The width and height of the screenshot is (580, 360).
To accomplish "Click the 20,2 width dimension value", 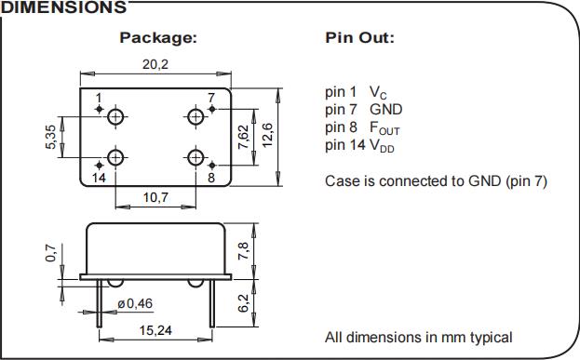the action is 155,64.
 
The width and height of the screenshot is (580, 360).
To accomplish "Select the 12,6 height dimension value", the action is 267,135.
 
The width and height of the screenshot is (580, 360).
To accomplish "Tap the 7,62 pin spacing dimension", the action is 243,137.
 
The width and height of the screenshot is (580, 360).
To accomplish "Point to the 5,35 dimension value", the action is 51,137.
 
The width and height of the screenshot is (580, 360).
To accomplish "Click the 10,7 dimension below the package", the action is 155,197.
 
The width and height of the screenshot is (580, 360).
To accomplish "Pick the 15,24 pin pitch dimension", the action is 155,330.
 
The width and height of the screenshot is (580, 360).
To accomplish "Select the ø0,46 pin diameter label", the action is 135,303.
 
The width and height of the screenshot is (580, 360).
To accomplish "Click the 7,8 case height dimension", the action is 243,250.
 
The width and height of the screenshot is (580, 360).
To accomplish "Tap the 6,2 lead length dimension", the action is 243,303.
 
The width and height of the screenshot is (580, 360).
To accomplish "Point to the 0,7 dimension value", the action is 51,253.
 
